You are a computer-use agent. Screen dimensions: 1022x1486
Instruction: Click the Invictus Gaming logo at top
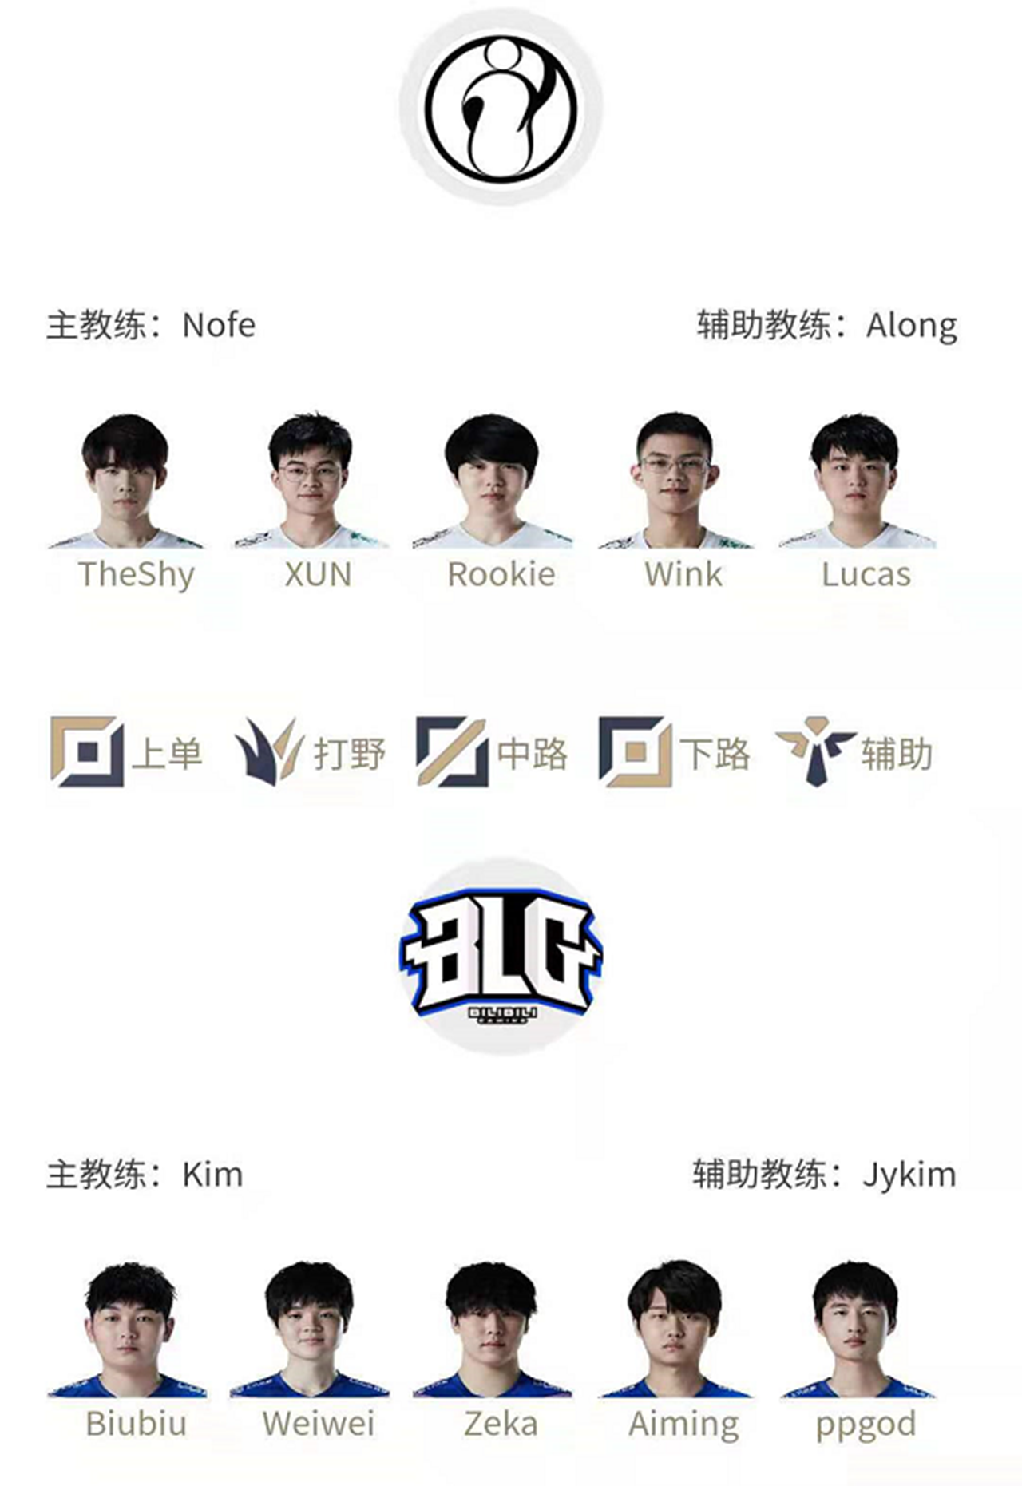point(501,107)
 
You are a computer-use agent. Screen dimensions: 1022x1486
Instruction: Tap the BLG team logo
point(501,957)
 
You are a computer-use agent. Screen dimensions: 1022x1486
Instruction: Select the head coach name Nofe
point(219,325)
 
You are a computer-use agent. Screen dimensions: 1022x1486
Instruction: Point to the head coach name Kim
point(212,1175)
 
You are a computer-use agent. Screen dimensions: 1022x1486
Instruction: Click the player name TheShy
point(137,575)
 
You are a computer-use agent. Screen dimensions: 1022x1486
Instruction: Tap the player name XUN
point(318,574)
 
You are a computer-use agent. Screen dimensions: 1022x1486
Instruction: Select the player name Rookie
point(501,574)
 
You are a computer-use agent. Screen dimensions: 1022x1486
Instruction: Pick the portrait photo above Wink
point(676,480)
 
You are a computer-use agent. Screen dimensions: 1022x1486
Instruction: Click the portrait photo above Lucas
point(857,481)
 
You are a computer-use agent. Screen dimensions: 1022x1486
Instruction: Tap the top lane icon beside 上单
point(87,751)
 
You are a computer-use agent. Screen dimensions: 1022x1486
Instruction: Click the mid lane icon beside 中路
point(452,751)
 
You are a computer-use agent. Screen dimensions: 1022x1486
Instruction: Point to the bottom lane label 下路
point(715,753)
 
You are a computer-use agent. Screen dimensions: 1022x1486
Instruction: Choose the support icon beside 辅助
point(816,751)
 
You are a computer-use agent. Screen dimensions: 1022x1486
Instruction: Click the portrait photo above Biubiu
point(128,1329)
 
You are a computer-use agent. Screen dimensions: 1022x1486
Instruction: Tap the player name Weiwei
point(318,1424)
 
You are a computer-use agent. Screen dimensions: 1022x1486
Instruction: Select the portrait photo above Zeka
point(492,1329)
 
